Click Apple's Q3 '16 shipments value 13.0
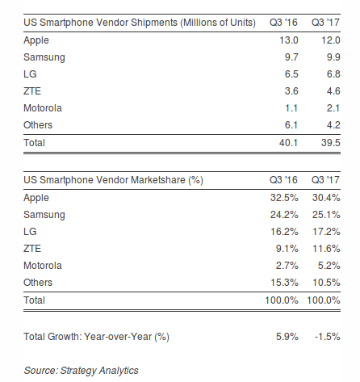coord(289,40)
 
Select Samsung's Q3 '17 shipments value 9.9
coord(333,57)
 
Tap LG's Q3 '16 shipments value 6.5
coord(291,74)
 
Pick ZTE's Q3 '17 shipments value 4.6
coord(333,91)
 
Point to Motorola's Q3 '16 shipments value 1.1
coord(291,108)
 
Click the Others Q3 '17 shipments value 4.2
coord(333,125)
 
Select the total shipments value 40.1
coord(288,143)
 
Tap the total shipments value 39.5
coord(331,143)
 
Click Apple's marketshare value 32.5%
coord(284,198)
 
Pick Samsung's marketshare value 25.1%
coord(326,215)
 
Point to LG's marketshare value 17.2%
coord(326,232)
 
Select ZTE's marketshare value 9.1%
coord(287,249)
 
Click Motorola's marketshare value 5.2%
coord(329,266)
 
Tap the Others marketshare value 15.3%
coord(284,283)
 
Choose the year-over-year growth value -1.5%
coord(328,337)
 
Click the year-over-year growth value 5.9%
coord(287,337)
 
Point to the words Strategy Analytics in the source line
coord(99,371)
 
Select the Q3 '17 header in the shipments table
coord(325,23)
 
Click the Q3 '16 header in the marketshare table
coord(283,180)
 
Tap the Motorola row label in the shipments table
coord(43,108)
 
